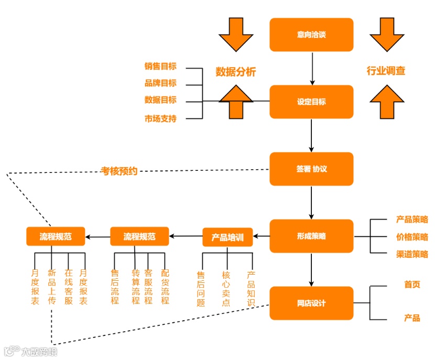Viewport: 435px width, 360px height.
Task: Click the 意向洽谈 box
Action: (311, 35)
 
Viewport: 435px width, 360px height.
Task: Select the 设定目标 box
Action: (311, 102)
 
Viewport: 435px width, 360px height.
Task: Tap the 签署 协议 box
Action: (311, 169)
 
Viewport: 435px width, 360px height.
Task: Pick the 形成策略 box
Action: (311, 236)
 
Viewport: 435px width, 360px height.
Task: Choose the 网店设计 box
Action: (311, 303)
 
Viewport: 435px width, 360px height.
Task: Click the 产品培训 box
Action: (227, 237)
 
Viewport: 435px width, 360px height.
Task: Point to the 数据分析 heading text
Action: (236, 72)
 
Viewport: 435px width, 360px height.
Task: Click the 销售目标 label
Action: (160, 67)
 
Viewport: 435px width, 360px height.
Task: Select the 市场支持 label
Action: (160, 118)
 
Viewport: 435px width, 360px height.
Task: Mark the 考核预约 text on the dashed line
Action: (119, 171)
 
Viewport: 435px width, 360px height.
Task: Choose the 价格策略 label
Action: (412, 237)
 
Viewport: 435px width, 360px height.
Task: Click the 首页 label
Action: (412, 285)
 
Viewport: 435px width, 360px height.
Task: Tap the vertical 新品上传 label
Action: (51, 287)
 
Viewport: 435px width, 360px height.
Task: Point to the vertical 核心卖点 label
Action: (226, 289)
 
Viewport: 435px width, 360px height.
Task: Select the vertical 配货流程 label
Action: (165, 287)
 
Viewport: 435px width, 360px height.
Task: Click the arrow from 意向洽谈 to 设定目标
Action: (312, 68)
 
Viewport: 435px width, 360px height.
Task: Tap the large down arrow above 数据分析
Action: (236, 34)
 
